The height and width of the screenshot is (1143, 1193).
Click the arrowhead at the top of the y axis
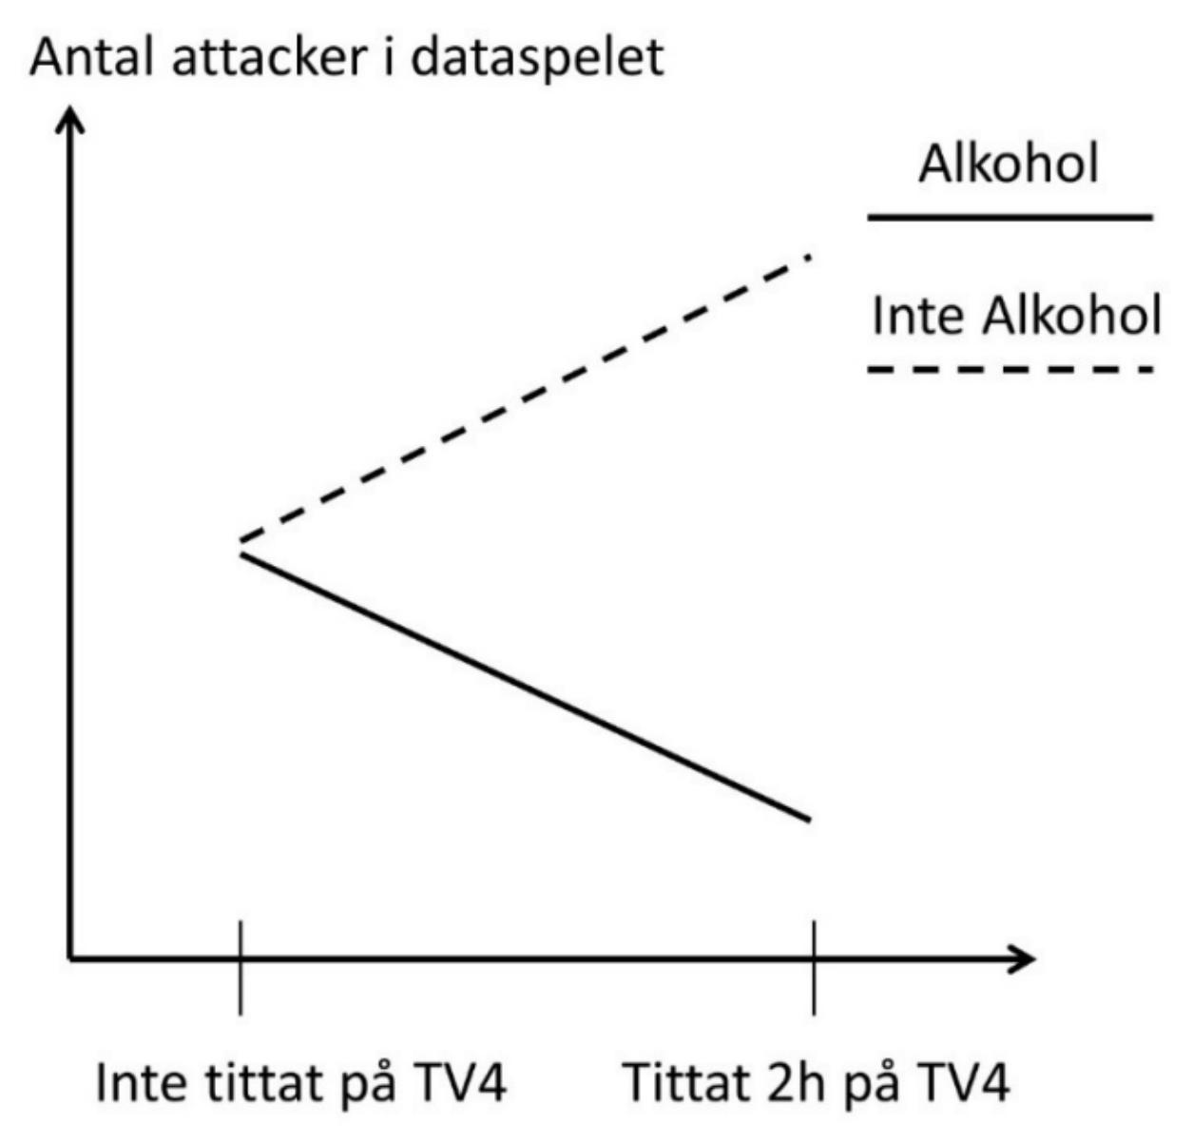click(71, 120)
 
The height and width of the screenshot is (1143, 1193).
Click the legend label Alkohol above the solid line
click(1009, 164)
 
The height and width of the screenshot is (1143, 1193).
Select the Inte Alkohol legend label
click(1016, 316)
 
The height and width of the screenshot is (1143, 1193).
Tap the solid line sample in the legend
click(1010, 217)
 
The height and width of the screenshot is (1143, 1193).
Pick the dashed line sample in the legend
click(1010, 370)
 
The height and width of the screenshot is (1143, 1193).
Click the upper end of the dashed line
click(810, 258)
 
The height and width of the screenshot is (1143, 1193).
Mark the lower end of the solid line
click(810, 820)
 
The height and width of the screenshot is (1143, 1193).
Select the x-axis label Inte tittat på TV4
click(301, 1082)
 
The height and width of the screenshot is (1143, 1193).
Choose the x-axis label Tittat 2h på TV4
click(817, 1082)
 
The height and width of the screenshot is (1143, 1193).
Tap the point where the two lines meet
click(241, 548)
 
